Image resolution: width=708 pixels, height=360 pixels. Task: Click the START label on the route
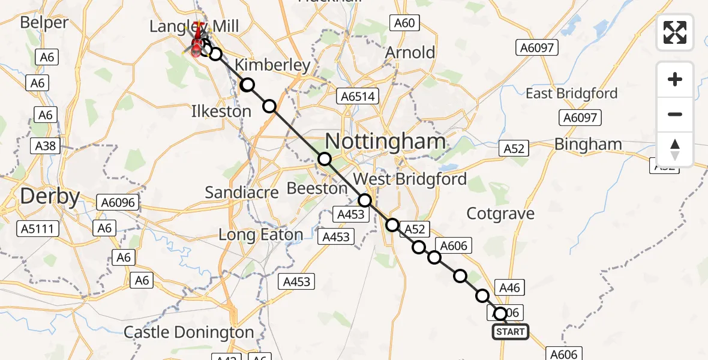pyautogui.click(x=510, y=332)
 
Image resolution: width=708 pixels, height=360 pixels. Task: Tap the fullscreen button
pyautogui.click(x=675, y=32)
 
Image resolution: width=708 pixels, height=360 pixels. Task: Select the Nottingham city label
pyautogui.click(x=385, y=142)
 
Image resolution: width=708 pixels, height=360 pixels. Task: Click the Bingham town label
pyautogui.click(x=588, y=144)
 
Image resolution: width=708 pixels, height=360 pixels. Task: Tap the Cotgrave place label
pyautogui.click(x=500, y=214)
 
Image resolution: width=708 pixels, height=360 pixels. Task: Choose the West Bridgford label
pyautogui.click(x=410, y=179)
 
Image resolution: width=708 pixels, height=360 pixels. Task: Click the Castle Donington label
pyautogui.click(x=189, y=332)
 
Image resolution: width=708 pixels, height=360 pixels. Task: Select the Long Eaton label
pyautogui.click(x=260, y=235)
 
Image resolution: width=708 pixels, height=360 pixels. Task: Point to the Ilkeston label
pyautogui.click(x=221, y=111)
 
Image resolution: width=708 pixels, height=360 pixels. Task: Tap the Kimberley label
pyautogui.click(x=272, y=65)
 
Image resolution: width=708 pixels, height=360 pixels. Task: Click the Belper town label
pyautogui.click(x=44, y=23)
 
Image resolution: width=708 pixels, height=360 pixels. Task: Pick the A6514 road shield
pyautogui.click(x=358, y=97)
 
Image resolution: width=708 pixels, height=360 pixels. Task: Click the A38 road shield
pyautogui.click(x=46, y=145)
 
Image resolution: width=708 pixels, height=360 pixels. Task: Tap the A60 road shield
pyautogui.click(x=404, y=23)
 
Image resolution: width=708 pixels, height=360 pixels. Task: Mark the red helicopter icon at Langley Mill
pyautogui.click(x=197, y=43)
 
